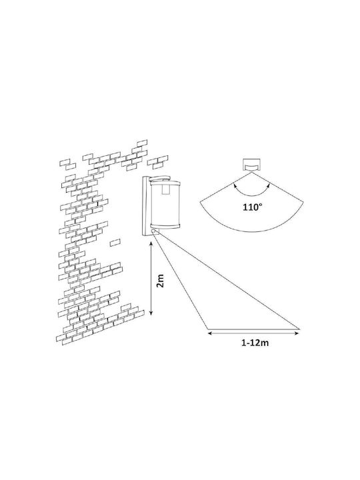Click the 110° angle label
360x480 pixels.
253,207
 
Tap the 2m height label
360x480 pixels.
160,281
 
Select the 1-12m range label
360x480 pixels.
255,343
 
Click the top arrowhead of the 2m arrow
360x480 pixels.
151,244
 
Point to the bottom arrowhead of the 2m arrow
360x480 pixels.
151,313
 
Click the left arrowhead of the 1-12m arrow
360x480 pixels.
210,333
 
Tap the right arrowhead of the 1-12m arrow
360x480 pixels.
296,333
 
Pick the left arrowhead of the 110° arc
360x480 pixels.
235,185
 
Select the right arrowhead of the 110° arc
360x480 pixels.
269,185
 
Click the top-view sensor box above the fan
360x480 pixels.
252,165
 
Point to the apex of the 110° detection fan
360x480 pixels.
252,173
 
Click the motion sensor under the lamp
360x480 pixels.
155,232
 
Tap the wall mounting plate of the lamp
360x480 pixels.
145,206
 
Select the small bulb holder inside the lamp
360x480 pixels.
166,188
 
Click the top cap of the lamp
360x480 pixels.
161,178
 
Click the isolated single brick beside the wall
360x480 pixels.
115,242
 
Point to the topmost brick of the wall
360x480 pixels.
142,143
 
